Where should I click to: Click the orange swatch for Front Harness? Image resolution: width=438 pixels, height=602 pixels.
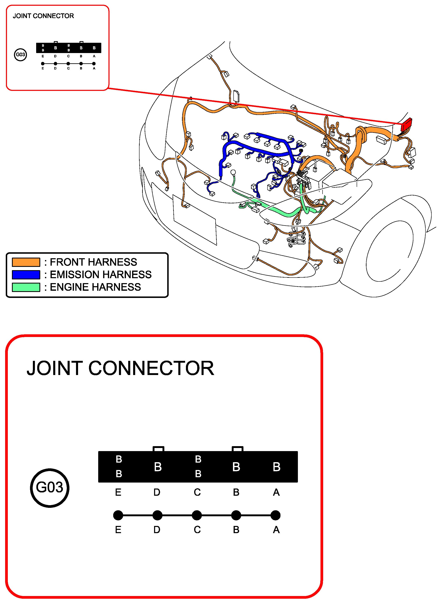click(26, 262)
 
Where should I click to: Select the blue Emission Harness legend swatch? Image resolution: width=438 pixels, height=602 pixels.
click(26, 275)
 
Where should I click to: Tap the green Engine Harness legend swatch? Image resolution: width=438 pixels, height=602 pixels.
click(26, 287)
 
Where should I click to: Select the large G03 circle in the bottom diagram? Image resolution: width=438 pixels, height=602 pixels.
click(50, 488)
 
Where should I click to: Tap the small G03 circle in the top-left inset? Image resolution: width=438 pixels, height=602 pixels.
click(20, 55)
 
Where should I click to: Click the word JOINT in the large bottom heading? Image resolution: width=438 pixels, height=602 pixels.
click(55, 368)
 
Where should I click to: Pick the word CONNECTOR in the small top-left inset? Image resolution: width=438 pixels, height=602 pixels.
click(53, 16)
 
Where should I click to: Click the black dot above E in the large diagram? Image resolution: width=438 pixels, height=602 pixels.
click(118, 515)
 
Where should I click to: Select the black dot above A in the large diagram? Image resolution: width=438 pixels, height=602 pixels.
click(276, 515)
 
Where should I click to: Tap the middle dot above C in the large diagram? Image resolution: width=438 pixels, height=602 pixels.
click(197, 515)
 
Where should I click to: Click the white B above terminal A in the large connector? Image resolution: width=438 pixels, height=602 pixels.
click(277, 467)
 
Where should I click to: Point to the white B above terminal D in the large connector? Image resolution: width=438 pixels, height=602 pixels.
click(158, 467)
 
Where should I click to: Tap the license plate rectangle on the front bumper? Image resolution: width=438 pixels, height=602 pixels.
click(195, 220)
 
